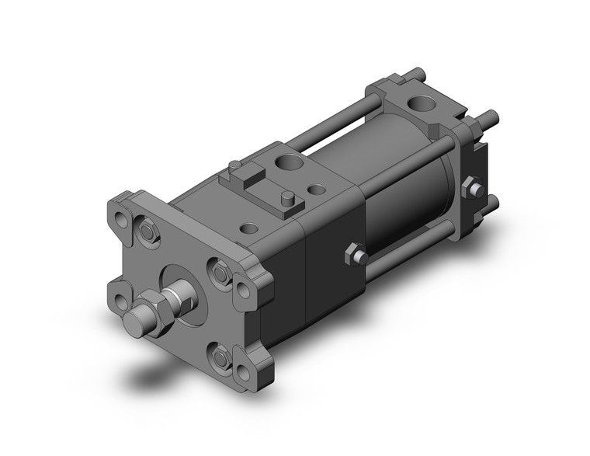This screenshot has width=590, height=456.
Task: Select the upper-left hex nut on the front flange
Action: (147, 231)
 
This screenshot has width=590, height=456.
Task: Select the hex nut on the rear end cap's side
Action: (471, 189)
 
